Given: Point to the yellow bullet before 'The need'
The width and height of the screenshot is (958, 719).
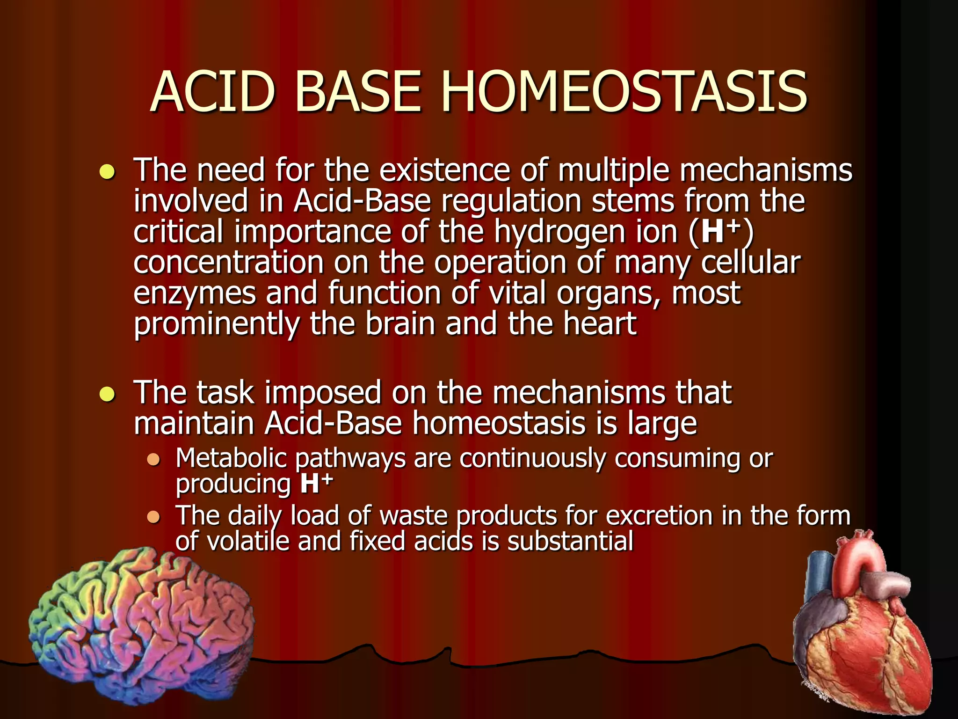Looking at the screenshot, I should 107,172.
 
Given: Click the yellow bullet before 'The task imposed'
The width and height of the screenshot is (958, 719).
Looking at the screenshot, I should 107,395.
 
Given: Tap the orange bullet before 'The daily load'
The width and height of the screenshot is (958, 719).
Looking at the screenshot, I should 153,517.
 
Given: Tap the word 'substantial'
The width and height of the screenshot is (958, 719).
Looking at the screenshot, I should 570,542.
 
